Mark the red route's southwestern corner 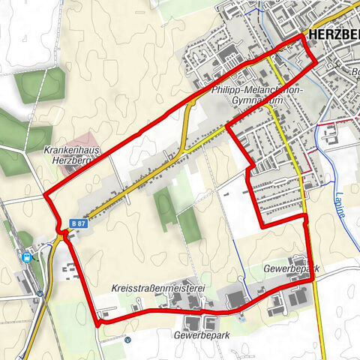click(x=97, y=323)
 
